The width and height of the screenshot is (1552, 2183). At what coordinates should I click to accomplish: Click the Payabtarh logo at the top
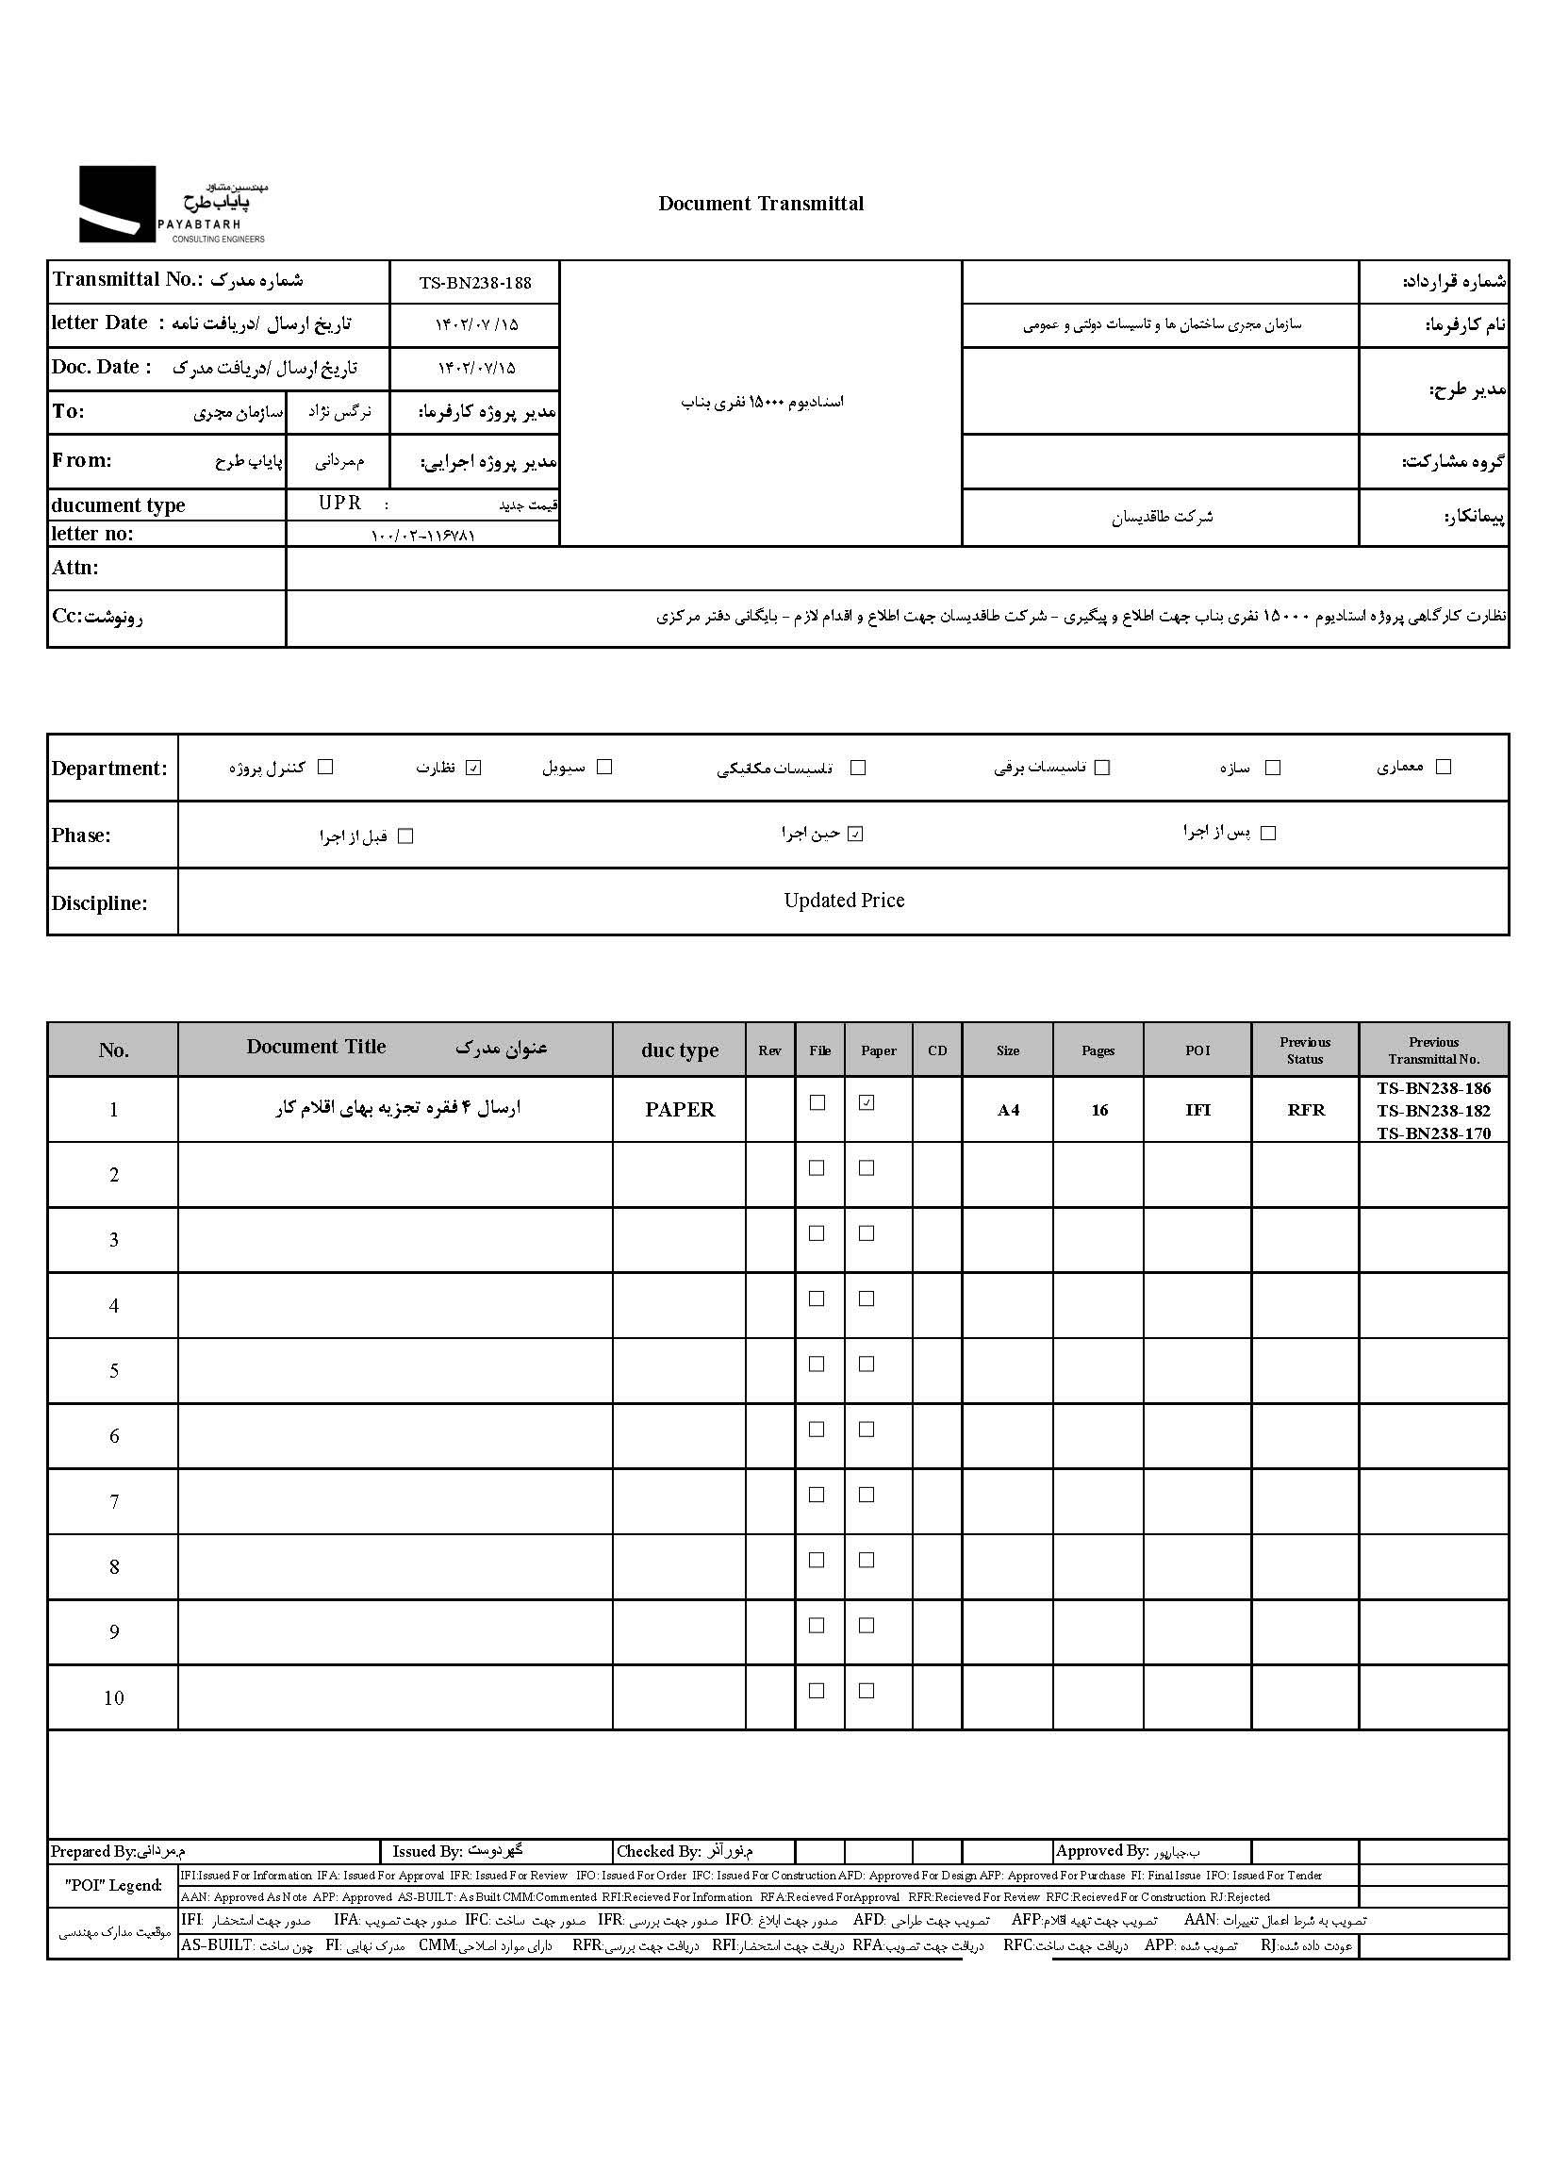click(x=172, y=205)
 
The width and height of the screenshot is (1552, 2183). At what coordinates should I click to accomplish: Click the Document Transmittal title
click(x=761, y=204)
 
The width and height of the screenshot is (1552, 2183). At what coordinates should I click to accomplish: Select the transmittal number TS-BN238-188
click(x=475, y=283)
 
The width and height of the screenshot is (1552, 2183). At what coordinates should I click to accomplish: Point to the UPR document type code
click(x=340, y=503)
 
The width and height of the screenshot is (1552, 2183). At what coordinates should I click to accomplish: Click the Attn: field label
click(x=75, y=568)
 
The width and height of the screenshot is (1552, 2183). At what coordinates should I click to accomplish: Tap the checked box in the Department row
click(x=473, y=768)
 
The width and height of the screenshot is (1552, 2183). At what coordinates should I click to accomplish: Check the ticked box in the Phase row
click(x=855, y=834)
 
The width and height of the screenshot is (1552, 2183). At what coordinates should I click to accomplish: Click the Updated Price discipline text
click(x=844, y=901)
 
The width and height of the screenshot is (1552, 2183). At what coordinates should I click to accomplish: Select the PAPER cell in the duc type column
click(x=680, y=1110)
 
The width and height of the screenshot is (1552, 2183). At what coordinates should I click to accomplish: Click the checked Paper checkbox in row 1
click(x=867, y=1103)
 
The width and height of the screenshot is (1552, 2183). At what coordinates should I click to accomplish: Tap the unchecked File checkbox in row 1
click(x=817, y=1103)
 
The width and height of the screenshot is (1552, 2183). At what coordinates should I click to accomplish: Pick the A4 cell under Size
click(x=1008, y=1110)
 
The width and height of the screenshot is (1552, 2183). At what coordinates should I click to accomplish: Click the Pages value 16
click(x=1099, y=1110)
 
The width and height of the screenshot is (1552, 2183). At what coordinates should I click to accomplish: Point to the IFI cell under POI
click(x=1197, y=1110)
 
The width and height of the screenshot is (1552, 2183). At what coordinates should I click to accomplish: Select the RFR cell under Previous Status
click(x=1306, y=1110)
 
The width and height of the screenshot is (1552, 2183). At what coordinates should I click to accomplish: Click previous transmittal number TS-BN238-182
click(x=1433, y=1111)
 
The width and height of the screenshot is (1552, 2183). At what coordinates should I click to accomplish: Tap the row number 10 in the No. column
click(x=114, y=1697)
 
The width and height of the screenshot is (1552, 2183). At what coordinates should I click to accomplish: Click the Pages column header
click(x=1098, y=1050)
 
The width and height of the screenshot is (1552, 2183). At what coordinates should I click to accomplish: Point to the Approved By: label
click(x=1102, y=1850)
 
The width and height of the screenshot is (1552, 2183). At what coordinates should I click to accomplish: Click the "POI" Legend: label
click(x=113, y=1885)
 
